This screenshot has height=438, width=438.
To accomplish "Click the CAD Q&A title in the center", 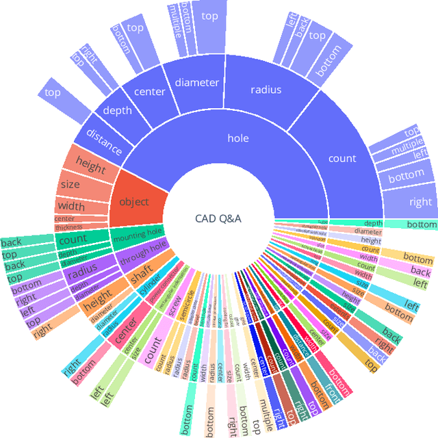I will click(x=219, y=218).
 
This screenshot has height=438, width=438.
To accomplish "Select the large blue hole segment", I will click(x=238, y=138).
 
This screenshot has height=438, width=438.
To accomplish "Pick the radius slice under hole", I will click(x=266, y=89).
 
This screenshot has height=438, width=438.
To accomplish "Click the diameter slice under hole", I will click(x=196, y=83).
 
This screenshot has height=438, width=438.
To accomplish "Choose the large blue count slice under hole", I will click(x=342, y=158).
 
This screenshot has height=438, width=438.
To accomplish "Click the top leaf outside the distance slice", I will click(x=53, y=91).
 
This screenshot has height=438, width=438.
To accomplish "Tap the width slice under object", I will click(x=71, y=205).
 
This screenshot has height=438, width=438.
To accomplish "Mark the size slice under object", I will click(x=70, y=185).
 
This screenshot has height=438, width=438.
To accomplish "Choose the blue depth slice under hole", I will click(x=117, y=109).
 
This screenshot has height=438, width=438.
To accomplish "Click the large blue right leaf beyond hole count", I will click(x=420, y=202).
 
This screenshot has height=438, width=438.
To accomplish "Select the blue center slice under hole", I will click(x=149, y=92).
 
